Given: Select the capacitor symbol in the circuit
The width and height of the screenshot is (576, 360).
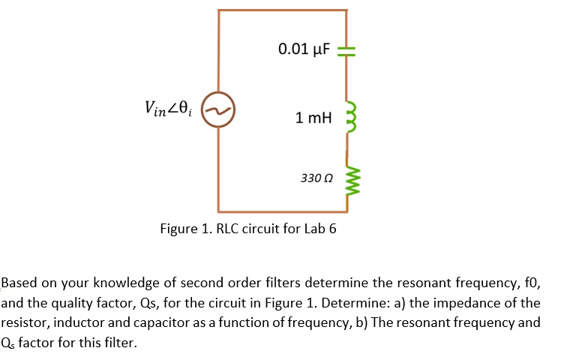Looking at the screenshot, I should coord(346,50).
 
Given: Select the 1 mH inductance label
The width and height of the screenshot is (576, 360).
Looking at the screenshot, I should coord(313,118).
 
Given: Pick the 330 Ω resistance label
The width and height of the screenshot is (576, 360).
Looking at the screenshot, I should coord(315,178).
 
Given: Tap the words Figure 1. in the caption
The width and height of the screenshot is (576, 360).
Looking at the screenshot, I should coord(185,229).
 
